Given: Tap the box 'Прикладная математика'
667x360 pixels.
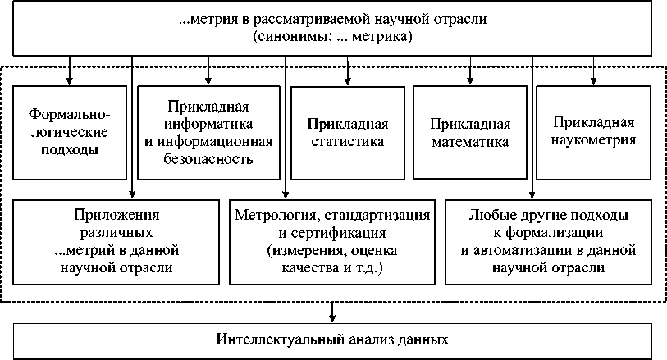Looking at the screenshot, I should (x=470, y=132).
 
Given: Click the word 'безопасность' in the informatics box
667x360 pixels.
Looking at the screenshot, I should (x=208, y=158).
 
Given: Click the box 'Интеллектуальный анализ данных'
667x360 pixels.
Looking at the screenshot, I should (x=333, y=339).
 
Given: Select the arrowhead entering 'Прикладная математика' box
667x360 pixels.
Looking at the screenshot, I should (x=470, y=82).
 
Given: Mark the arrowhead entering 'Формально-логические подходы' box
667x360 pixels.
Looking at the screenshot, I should (x=69, y=82).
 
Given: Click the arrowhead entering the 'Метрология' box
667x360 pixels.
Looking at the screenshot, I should (x=285, y=194).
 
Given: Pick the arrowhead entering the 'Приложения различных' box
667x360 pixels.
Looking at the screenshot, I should (x=131, y=194).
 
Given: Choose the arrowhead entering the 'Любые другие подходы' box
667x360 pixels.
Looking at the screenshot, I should (x=533, y=194).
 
